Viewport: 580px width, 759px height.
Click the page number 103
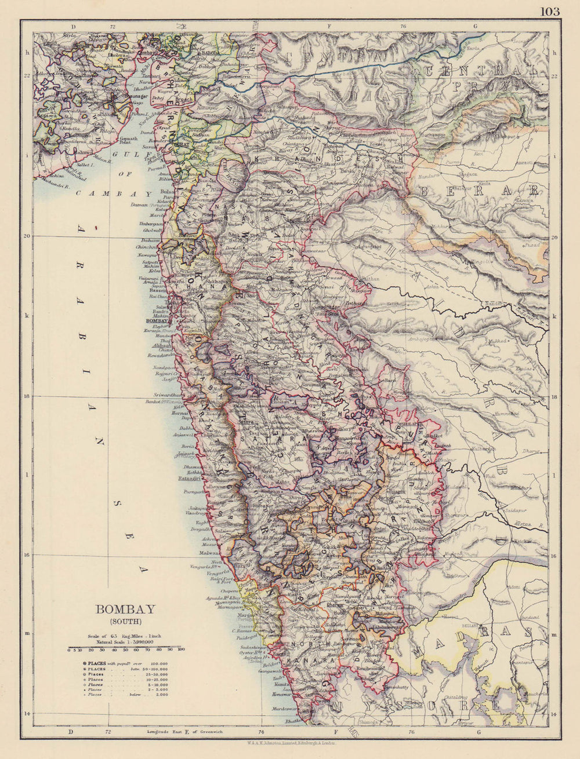point(550,11)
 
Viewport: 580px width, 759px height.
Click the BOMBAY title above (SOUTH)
point(125,609)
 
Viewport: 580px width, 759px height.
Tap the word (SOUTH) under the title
point(125,621)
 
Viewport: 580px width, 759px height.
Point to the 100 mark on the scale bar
point(180,650)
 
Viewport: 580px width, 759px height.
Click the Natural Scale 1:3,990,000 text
point(125,642)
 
